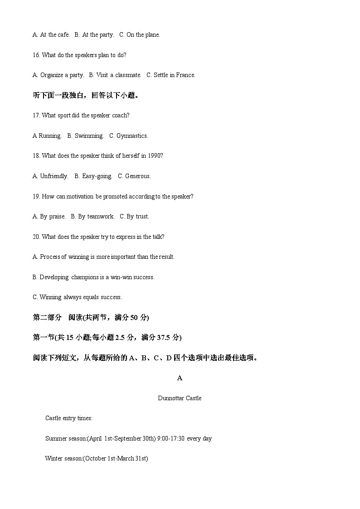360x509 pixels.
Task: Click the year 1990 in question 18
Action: [154, 156]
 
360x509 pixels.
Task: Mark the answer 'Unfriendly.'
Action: [54, 176]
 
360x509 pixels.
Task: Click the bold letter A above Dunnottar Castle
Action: [180, 378]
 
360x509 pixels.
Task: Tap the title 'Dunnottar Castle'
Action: [180, 398]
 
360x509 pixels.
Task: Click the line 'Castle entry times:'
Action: [68, 418]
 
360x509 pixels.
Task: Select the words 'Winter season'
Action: [63, 459]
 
